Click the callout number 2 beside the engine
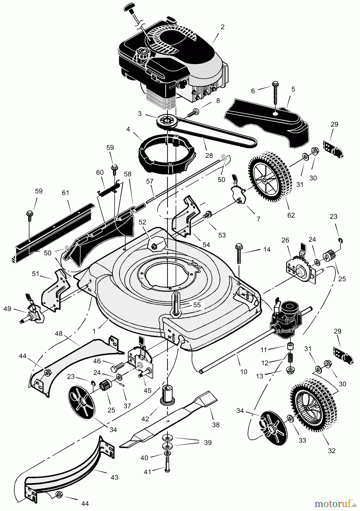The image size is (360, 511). [x=222, y=27]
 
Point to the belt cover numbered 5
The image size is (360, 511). [x=267, y=122]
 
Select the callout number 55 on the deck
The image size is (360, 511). [x=197, y=305]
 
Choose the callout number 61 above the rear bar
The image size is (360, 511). [x=65, y=193]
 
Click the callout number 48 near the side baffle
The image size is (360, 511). [x=59, y=334]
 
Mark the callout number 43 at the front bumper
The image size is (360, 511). [x=114, y=478]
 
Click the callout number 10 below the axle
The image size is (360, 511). [x=244, y=372]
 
